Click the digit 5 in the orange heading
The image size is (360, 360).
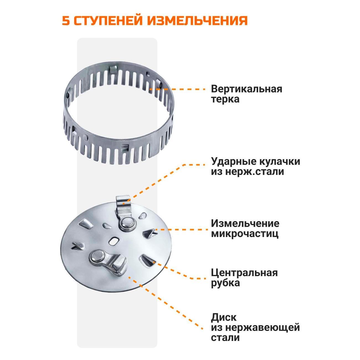click(66, 20)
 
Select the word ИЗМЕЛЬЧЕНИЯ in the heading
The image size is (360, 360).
click(197, 20)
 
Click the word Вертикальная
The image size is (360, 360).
click(246, 89)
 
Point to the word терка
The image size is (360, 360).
click(225, 99)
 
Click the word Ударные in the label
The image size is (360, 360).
click(232, 162)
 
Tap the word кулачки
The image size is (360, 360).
click(279, 162)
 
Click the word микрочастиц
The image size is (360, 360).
click(245, 233)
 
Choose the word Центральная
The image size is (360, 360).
click(244, 273)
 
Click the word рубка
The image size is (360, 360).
click(225, 283)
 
